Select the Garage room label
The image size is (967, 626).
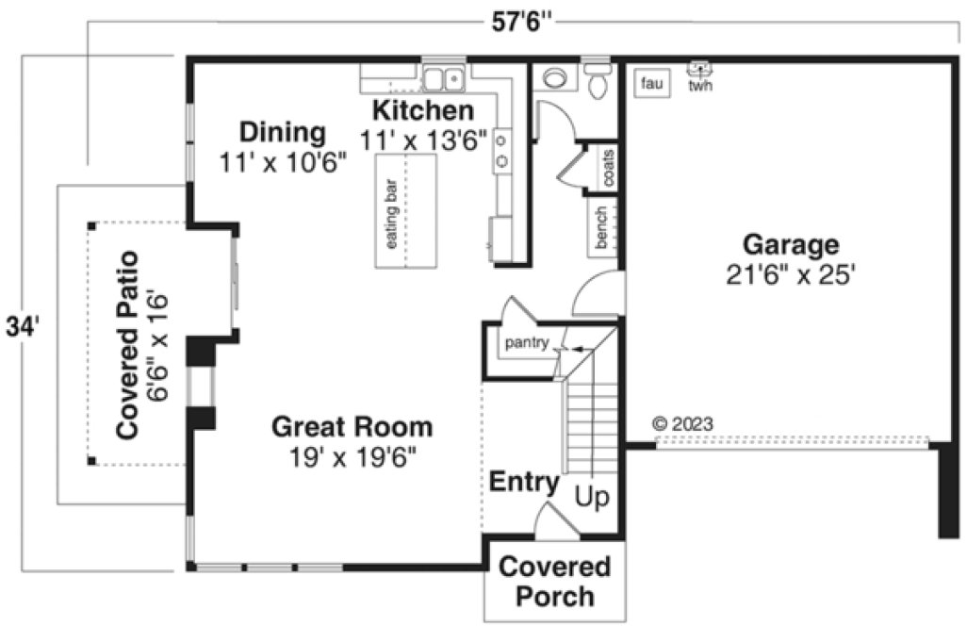[x=790, y=245]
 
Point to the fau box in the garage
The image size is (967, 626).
[x=652, y=84]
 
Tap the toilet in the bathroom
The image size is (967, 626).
[x=597, y=83]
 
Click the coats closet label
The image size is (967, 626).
[x=609, y=168]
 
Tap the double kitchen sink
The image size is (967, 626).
[x=443, y=77]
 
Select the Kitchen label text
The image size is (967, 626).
[x=422, y=110]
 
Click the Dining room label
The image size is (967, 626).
[x=282, y=132]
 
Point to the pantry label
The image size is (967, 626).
[x=526, y=342]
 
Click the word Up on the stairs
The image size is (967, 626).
[x=593, y=497]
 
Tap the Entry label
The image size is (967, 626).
[x=523, y=483]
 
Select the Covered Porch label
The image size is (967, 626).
[x=554, y=582]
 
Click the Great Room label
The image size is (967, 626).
[x=352, y=427]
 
